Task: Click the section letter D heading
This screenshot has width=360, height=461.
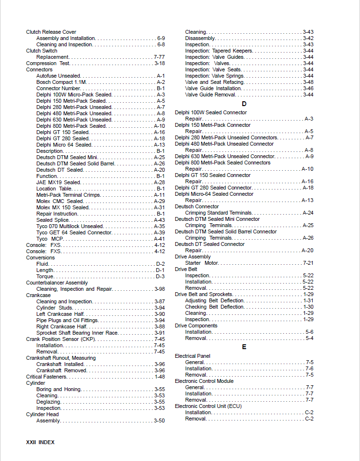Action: (244, 104)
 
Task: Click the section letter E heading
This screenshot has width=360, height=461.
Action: (244, 347)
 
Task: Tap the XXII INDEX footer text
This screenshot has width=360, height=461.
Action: (40, 442)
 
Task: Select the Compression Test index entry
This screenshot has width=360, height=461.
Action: (48, 63)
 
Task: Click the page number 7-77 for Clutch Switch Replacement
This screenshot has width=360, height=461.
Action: (159, 57)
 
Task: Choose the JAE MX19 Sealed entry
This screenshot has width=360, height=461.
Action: (58, 182)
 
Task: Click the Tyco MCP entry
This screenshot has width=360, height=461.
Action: (50, 239)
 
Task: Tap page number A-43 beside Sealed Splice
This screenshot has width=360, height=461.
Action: (159, 220)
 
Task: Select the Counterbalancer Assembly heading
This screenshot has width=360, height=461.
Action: (57, 283)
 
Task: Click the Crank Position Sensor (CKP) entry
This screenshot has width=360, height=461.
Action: (61, 339)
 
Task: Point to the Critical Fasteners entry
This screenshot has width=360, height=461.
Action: (48, 377)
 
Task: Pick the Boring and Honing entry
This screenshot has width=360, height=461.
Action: (56, 389)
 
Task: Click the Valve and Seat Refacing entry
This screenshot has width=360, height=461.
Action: (214, 82)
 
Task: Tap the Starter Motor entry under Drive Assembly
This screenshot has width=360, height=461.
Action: (202, 263)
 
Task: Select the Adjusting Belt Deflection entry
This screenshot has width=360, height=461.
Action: (214, 300)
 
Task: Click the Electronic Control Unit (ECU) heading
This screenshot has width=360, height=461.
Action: (208, 406)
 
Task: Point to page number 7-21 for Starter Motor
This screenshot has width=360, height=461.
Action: (308, 263)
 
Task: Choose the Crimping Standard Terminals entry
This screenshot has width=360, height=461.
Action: (218, 213)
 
